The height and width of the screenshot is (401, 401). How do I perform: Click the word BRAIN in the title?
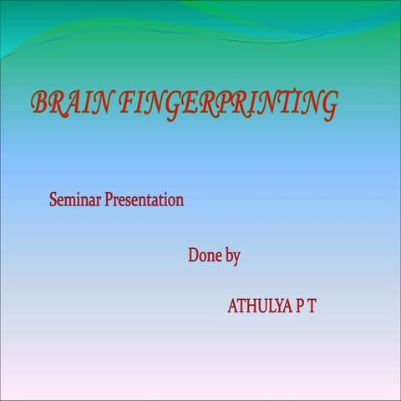tap(70, 103)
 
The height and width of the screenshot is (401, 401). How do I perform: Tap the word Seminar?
tap(75, 200)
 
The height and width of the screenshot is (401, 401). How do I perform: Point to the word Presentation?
tap(144, 200)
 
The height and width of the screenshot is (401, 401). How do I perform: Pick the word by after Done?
tap(233, 257)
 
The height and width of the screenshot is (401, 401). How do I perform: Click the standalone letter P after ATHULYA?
tap(300, 307)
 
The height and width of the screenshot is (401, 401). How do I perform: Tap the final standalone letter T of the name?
tap(312, 307)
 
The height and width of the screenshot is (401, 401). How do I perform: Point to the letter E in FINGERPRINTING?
tap(194, 104)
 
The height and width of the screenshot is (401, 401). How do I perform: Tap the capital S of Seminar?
tap(54, 200)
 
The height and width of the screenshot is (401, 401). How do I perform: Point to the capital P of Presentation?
tap(109, 200)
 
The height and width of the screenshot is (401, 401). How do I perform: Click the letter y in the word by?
tap(237, 258)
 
